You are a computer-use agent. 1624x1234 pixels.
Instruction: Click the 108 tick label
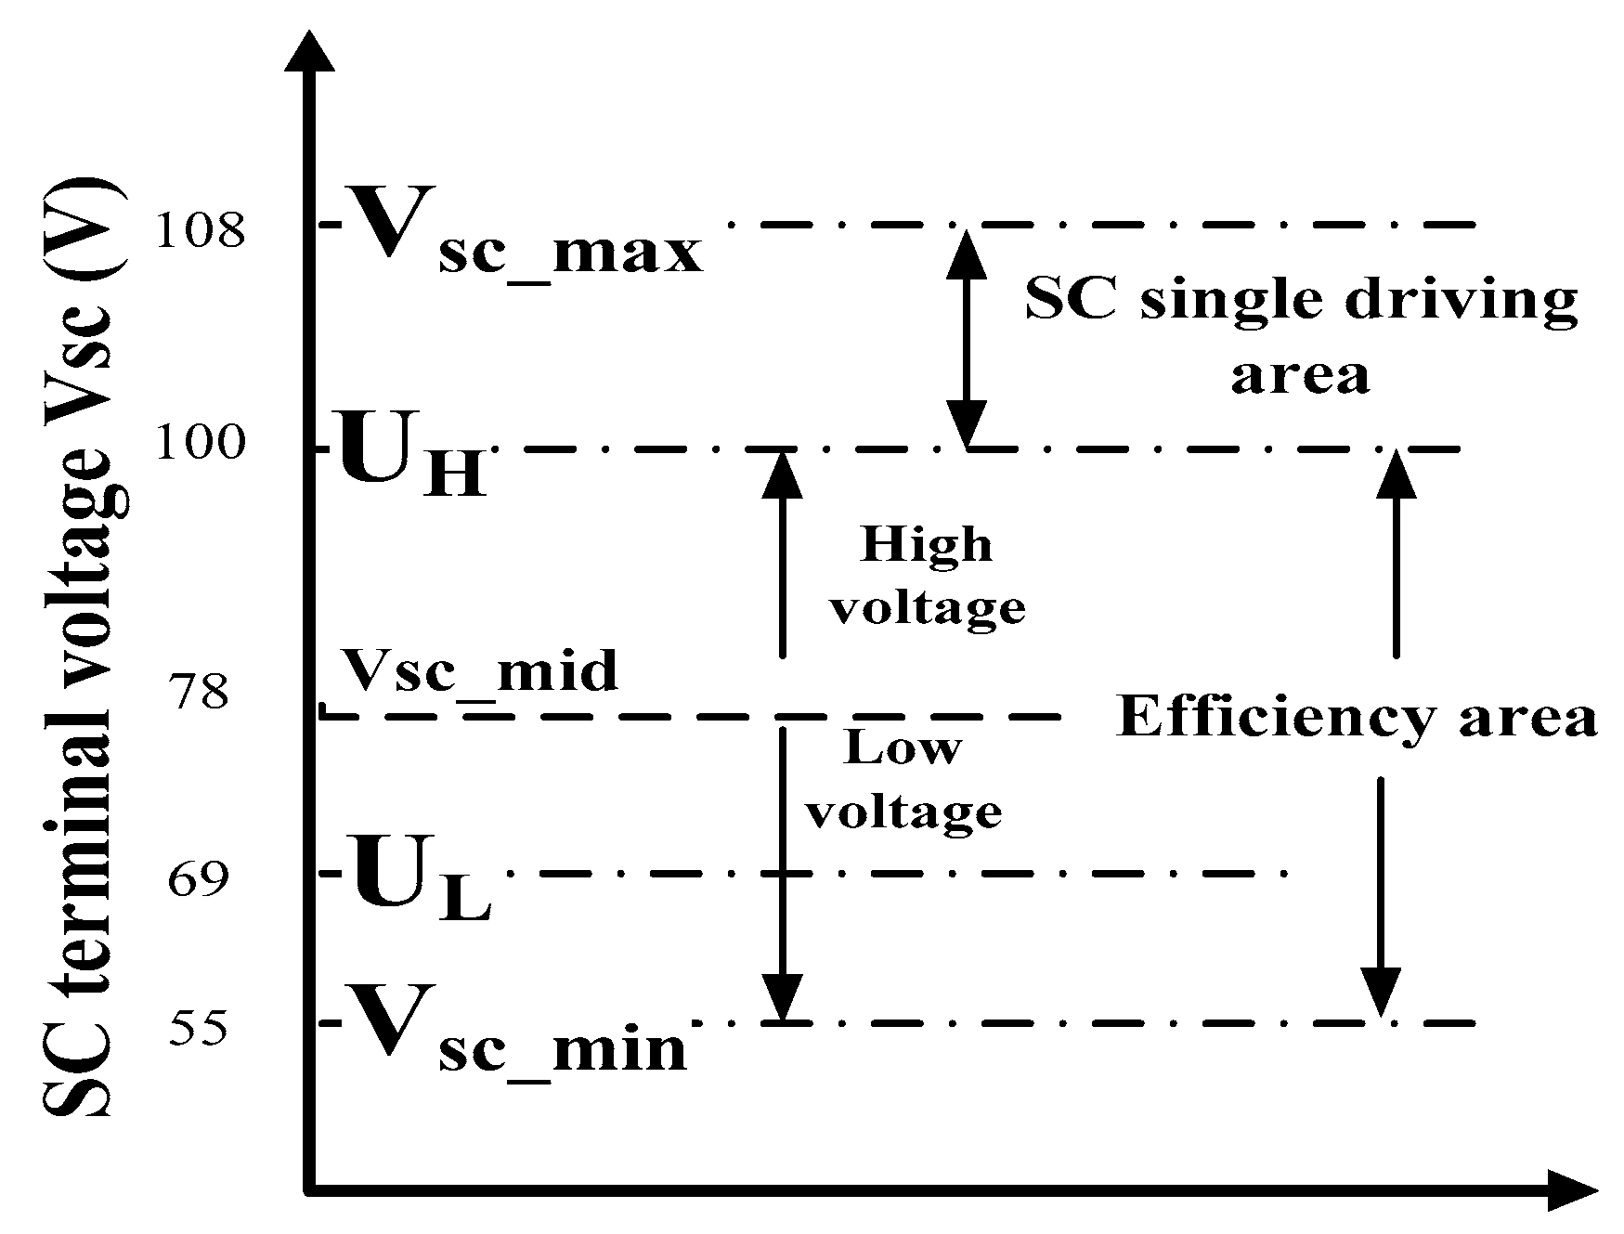tap(201, 230)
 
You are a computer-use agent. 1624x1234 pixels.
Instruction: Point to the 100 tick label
tap(201, 444)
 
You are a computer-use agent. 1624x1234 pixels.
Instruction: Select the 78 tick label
tap(199, 692)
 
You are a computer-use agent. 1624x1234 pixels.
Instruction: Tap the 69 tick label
tap(198, 878)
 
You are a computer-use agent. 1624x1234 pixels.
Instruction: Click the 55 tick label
tap(198, 1029)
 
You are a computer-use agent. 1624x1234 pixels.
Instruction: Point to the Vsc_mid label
tap(477, 670)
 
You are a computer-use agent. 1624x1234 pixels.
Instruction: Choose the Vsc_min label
tap(514, 1031)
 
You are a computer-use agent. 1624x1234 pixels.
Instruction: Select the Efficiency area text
tap(1357, 718)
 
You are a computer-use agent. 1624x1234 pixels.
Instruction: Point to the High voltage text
tap(928, 576)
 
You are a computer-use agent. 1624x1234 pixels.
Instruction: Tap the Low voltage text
tap(903, 780)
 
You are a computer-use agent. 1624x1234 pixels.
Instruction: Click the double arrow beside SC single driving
tap(967, 338)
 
